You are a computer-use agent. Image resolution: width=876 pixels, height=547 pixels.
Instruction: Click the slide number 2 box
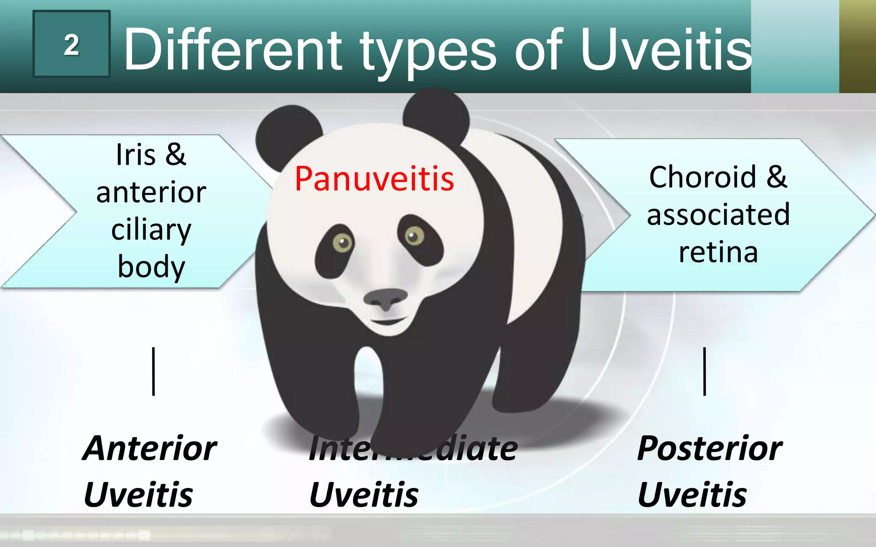point(71,44)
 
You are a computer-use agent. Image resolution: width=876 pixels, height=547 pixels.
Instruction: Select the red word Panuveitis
point(374,179)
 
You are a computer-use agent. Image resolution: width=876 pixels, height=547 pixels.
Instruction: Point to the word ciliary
point(151,231)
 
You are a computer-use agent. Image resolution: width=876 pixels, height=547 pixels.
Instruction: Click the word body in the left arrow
point(151,267)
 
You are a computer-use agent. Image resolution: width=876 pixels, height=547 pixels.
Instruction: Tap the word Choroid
point(702,177)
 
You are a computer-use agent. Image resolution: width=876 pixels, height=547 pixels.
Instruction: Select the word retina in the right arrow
point(718,252)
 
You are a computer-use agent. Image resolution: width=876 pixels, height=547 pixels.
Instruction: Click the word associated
point(718,215)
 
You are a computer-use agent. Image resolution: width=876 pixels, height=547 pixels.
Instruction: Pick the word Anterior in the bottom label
point(150,449)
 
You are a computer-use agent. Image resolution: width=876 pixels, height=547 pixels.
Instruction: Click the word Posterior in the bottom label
point(710,449)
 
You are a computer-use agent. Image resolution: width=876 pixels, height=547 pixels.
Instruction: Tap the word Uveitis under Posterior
point(692,495)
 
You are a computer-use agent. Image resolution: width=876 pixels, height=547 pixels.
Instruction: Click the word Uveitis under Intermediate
point(364,495)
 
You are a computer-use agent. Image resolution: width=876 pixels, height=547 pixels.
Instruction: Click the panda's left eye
point(342,243)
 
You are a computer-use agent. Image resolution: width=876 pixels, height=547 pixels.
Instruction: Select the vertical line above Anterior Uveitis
point(154,371)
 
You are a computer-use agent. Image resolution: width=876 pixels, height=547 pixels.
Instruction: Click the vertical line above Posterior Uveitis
point(704,371)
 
